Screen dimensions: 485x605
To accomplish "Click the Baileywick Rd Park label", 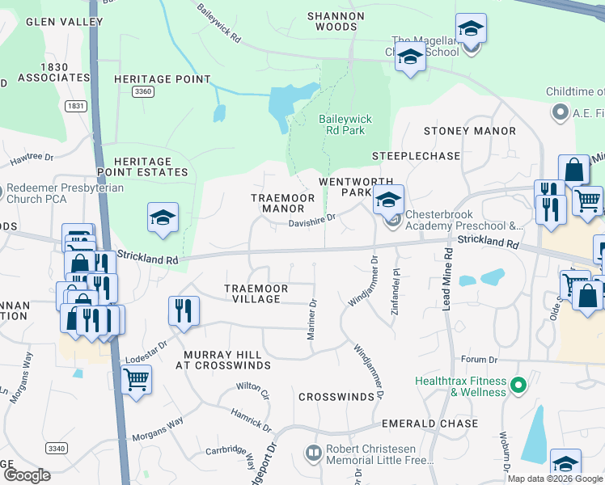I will click(345, 125).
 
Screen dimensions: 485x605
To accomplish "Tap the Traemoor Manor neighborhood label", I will click(277, 203).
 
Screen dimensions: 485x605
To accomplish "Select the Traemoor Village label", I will click(252, 293).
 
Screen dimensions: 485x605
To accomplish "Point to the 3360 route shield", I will click(143, 92).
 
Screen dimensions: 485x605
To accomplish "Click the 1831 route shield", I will click(76, 106).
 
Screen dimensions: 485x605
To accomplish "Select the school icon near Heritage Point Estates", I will click(163, 217).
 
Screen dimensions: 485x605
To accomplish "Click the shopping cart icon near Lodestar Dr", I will click(136, 377).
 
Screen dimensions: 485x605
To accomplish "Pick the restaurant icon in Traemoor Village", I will click(184, 310).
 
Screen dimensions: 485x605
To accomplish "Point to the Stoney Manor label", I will click(470, 131).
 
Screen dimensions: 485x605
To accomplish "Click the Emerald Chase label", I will click(426, 423).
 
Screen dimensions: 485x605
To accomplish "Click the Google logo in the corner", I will click(27, 475).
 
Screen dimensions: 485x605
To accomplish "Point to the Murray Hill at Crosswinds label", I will click(222, 360).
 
